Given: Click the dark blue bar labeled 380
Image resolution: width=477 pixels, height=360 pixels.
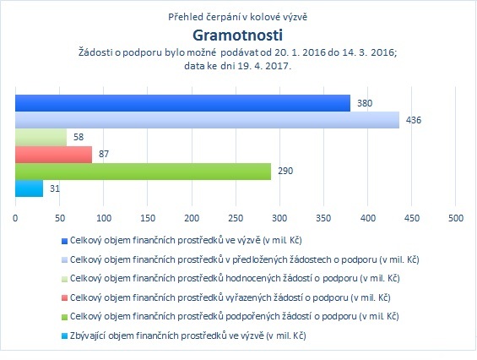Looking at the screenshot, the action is (x=182, y=103).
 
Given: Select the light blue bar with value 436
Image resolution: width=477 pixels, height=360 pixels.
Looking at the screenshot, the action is (x=207, y=120).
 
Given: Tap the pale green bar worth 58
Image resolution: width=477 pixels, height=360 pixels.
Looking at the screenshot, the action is (x=41, y=137).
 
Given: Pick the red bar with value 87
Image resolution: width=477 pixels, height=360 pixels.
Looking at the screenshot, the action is (x=53, y=155).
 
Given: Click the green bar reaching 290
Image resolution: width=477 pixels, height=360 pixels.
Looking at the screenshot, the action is (x=143, y=172).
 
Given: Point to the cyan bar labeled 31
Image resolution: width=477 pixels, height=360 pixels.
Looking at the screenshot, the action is (x=29, y=188).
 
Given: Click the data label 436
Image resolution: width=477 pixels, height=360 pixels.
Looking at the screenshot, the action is (x=414, y=120).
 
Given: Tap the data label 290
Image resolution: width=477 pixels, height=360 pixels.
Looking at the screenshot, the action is (x=285, y=171).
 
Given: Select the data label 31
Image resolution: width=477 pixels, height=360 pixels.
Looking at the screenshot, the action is (x=55, y=188).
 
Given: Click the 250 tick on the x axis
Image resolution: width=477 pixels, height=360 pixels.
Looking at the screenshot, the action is (x=236, y=218).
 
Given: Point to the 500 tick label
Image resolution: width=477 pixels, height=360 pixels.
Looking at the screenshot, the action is (x=456, y=218).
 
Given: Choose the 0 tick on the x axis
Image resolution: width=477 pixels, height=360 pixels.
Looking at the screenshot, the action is (x=15, y=218).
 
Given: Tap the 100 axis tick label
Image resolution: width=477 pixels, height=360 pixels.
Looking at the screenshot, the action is (x=104, y=218).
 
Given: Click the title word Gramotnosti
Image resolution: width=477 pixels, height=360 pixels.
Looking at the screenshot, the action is (x=237, y=35).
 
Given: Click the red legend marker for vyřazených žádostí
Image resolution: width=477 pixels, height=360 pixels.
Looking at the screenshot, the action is (x=64, y=297).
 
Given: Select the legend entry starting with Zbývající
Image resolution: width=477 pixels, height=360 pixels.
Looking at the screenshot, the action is (x=187, y=335).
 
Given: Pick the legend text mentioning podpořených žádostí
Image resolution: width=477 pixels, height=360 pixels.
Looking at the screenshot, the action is (x=234, y=316).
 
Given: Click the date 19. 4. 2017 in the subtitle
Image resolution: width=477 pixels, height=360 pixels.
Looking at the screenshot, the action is (x=263, y=66).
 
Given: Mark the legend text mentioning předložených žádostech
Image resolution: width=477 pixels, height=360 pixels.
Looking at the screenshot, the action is (x=245, y=259).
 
